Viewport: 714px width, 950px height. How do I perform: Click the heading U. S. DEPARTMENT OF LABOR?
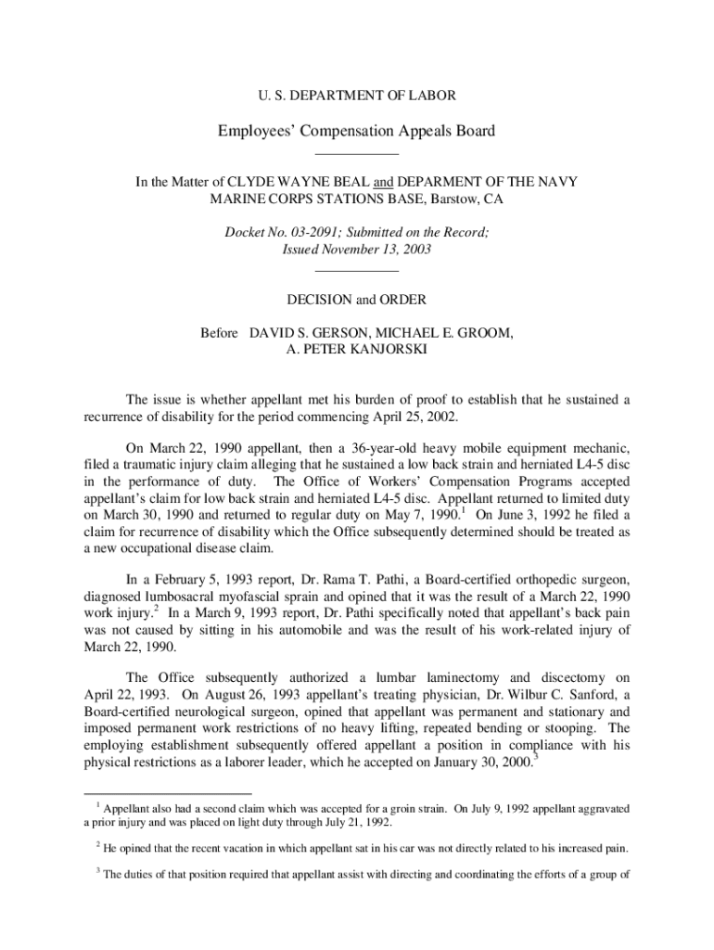pos(356,96)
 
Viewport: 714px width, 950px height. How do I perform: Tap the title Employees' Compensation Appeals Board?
pos(357,131)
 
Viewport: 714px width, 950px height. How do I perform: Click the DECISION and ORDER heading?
pos(357,300)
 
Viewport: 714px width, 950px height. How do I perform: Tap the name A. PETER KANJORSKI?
pos(357,350)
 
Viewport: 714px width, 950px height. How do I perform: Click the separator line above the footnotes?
pos(167,795)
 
